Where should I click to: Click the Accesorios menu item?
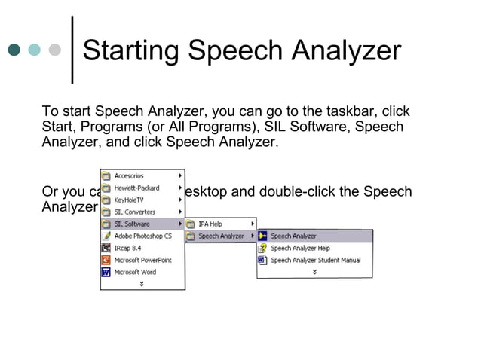[x=129, y=175]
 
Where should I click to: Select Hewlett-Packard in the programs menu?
[x=136, y=188]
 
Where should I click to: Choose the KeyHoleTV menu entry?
[x=130, y=200]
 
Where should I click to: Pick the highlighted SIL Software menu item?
[x=132, y=224]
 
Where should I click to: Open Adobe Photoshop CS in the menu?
[x=142, y=236]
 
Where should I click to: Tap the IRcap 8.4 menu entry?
[x=128, y=248]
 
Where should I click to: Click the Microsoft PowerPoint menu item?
[x=142, y=260]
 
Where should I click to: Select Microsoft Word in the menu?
[x=135, y=272]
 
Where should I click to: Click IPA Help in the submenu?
[x=210, y=224]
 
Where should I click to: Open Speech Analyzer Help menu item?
[x=300, y=248]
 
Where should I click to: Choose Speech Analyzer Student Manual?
[x=315, y=260]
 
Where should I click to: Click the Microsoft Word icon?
[x=106, y=272]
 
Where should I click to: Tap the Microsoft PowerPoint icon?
[x=106, y=260]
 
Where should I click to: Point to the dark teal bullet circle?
[x=14, y=51]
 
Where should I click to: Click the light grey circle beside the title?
[x=54, y=51]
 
